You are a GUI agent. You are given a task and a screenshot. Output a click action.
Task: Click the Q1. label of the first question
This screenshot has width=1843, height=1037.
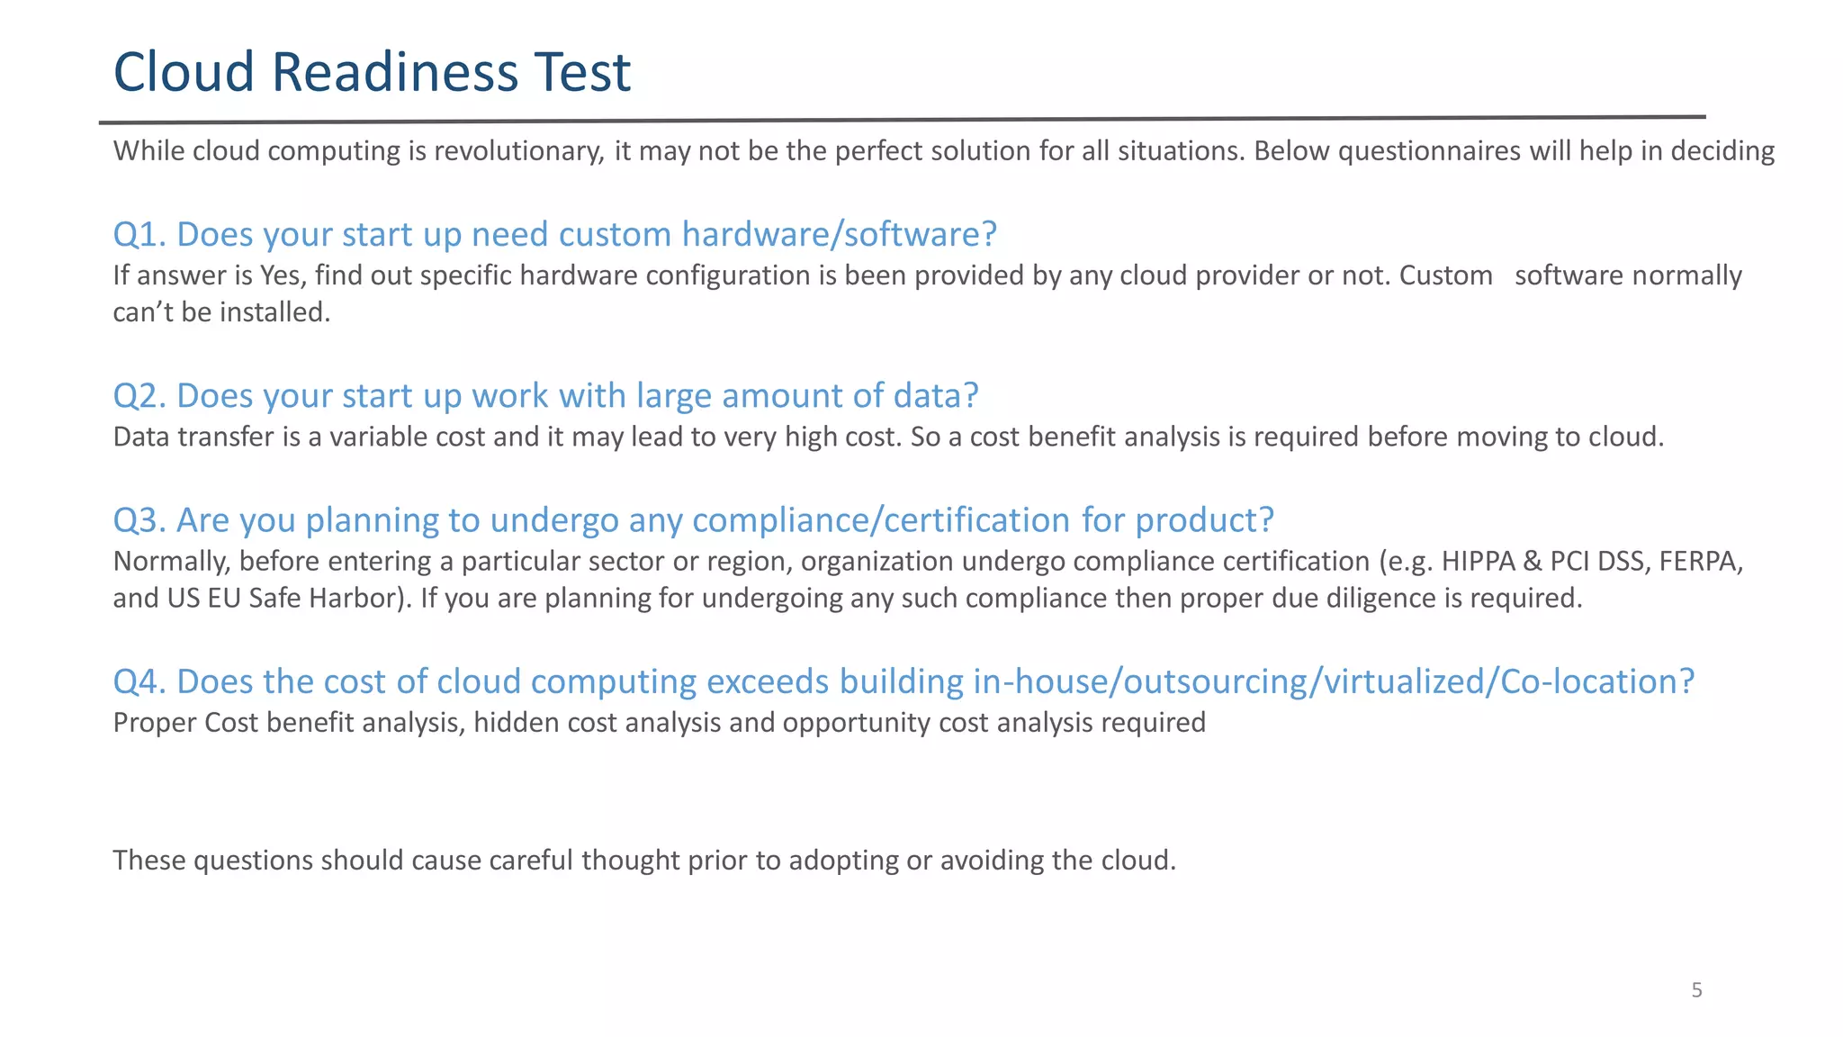tap(139, 234)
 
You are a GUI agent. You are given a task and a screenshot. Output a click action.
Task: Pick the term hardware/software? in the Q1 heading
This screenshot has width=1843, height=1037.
tap(840, 234)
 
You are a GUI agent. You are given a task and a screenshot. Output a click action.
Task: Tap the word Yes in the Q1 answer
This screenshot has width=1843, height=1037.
tap(283, 275)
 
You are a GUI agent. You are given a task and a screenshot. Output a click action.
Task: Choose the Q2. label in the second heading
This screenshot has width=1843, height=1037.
tap(139, 396)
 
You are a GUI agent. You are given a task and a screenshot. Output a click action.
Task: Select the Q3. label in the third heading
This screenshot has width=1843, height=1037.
tap(139, 520)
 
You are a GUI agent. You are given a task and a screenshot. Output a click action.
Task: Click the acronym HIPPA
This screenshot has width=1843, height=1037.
tap(1478, 562)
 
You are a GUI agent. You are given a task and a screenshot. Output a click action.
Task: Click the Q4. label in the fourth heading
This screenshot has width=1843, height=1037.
tap(139, 681)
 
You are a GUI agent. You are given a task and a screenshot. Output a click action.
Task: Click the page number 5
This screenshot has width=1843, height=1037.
tap(1696, 990)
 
